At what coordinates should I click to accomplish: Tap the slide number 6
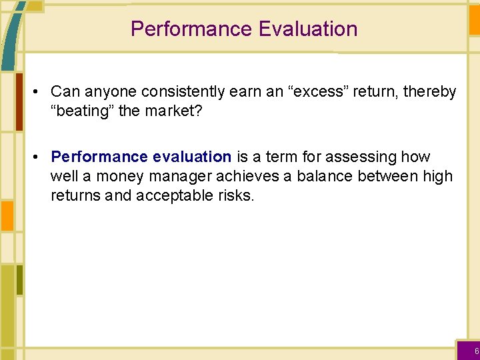(x=476, y=351)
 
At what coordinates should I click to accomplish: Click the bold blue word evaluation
(x=192, y=157)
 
